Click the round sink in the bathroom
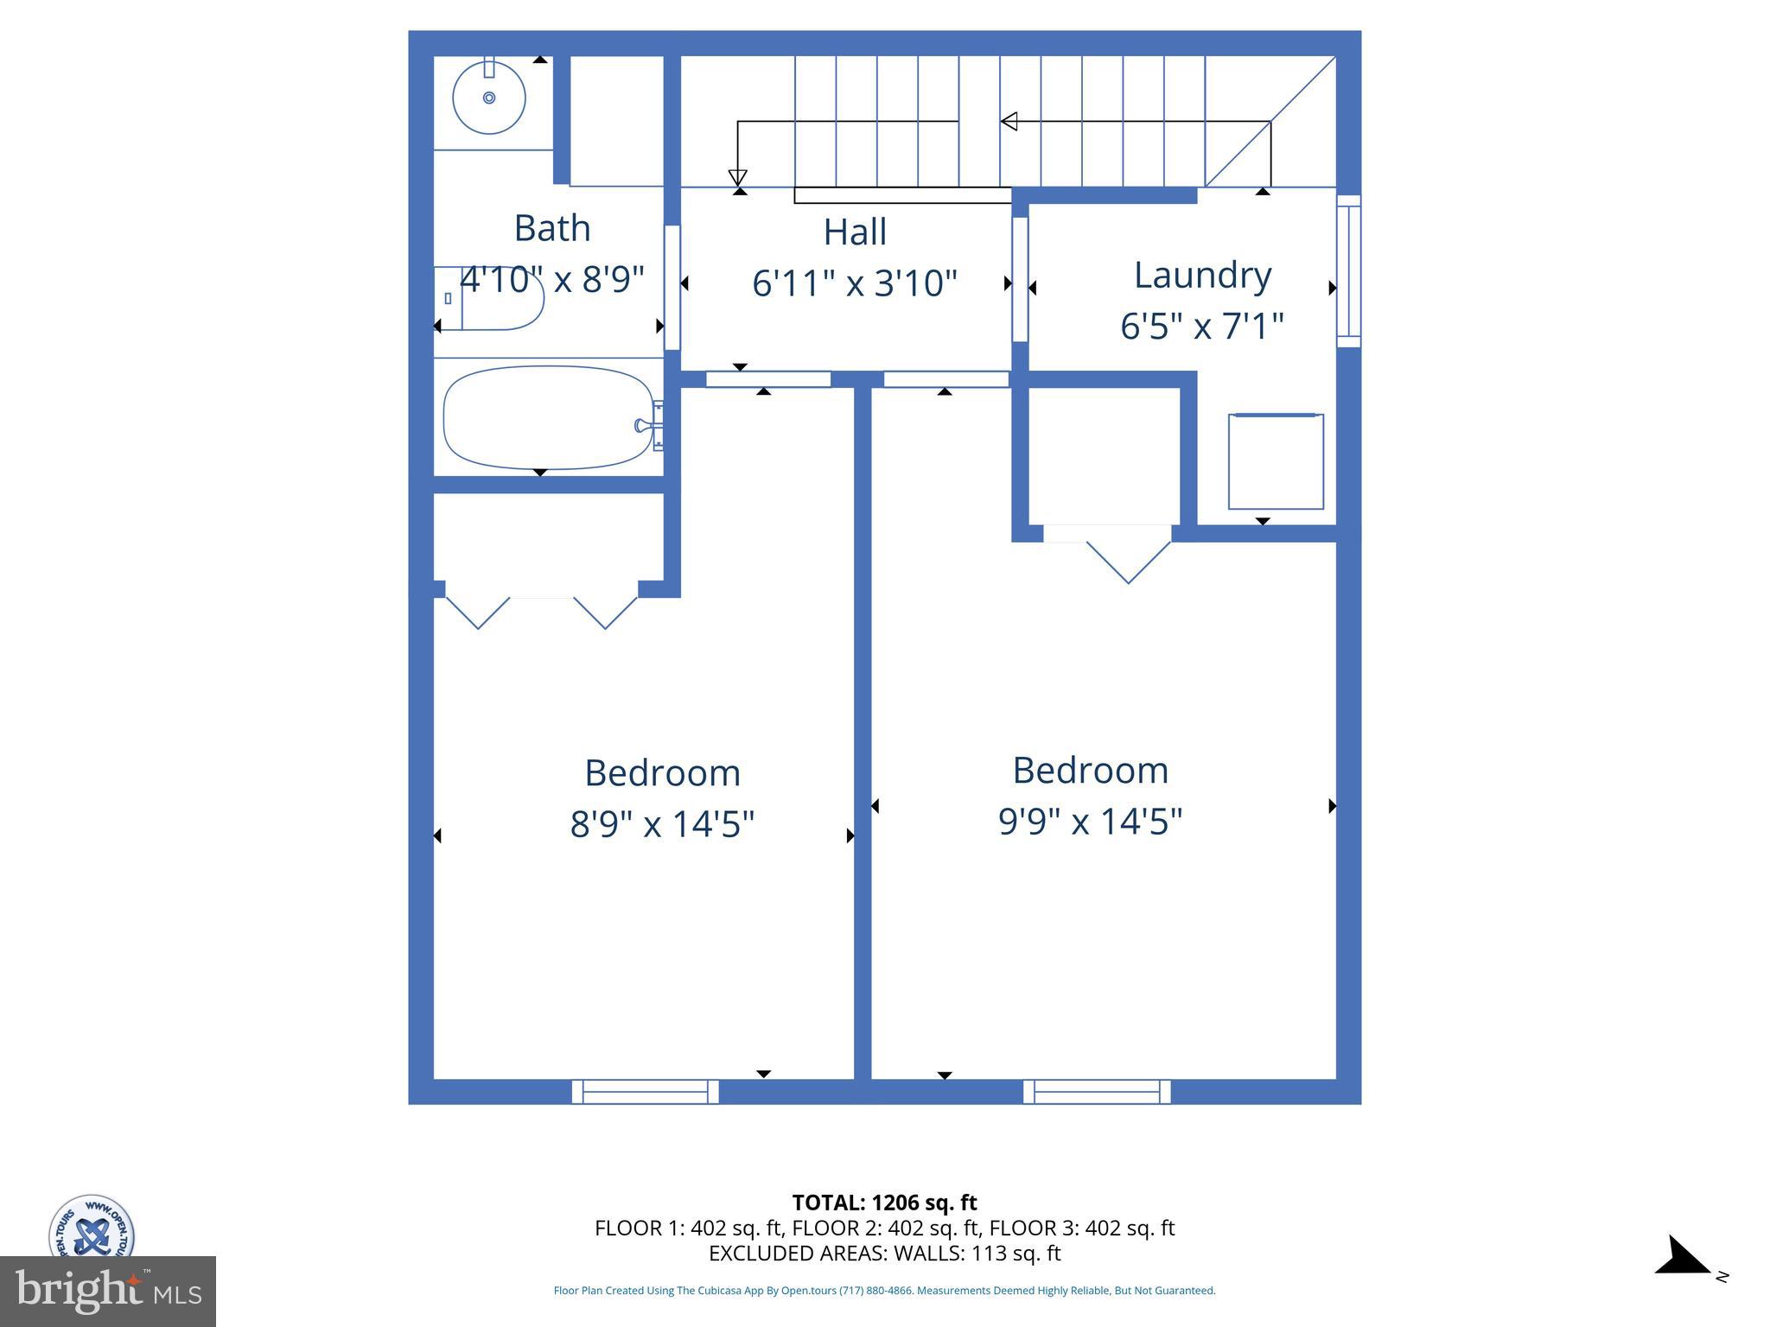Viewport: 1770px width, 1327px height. coord(489,98)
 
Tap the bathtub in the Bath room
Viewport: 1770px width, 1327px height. coord(548,418)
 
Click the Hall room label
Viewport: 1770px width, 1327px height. coord(855,232)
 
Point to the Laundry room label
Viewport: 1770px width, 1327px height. coord(1202,275)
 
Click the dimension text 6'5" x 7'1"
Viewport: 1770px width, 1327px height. coord(1202,327)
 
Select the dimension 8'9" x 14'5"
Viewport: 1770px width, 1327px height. coord(662,823)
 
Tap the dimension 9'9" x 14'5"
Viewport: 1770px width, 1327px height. coord(1090,821)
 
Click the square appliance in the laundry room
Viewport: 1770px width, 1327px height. coord(1276,462)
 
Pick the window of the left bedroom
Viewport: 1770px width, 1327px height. coord(645,1091)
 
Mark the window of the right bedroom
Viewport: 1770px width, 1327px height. coord(1097,1091)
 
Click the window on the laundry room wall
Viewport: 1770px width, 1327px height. coord(1348,271)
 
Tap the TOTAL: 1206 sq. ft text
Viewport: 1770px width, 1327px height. coord(884,1203)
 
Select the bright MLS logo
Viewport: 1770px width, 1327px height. coord(108,1291)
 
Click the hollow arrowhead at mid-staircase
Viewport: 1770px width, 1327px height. coord(1008,122)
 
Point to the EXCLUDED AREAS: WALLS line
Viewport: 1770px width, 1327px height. coord(884,1254)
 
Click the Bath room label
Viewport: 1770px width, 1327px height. coord(552,228)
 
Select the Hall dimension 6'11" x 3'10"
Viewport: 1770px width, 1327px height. coord(855,283)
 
